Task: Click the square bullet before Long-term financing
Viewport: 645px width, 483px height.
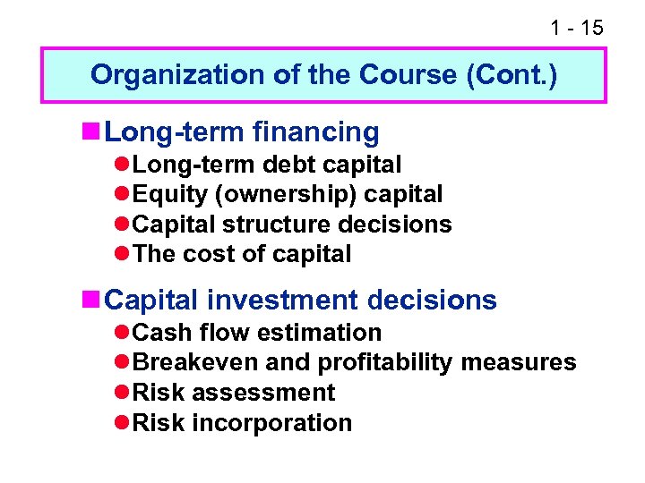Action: [x=92, y=132]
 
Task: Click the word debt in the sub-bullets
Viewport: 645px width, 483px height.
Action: [x=288, y=165]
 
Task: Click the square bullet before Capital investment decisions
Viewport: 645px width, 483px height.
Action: [x=92, y=301]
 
